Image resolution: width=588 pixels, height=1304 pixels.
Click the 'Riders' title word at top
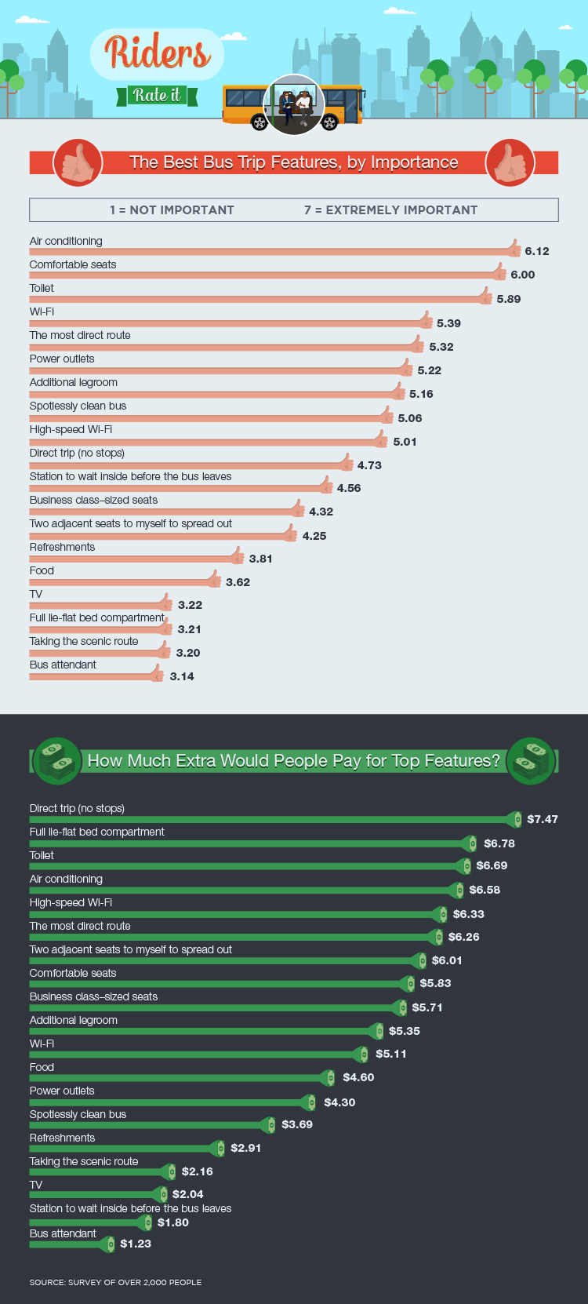pos(158,53)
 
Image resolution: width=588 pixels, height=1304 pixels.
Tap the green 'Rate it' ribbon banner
pos(157,96)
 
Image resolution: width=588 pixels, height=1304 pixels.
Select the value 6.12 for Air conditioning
pos(537,251)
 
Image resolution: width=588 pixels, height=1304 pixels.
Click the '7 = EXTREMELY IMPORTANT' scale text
pos(390,210)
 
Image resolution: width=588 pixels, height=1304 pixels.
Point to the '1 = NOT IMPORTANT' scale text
pos(172,210)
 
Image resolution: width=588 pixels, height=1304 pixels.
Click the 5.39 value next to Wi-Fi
pos(448,323)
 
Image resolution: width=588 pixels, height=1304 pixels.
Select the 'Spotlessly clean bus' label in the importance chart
pos(78,406)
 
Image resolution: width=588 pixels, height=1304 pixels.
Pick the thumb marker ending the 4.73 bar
pos(346,463)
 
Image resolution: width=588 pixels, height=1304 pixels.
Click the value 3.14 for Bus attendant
pos(182,676)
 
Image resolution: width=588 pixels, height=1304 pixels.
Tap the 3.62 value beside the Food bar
pos(238,582)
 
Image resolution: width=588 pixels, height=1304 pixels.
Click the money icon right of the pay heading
pos(531,760)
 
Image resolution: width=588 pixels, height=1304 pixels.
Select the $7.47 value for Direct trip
pos(543,819)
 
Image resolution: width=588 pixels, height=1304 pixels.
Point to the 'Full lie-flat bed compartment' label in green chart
pos(96,832)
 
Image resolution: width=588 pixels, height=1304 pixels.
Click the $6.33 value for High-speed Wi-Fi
pos(469,914)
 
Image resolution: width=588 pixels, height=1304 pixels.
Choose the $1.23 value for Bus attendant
pos(136,1244)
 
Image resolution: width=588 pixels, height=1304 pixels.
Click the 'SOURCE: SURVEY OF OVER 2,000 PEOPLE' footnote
pos(115,1282)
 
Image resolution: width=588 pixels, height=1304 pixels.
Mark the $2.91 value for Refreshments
pos(246,1148)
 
